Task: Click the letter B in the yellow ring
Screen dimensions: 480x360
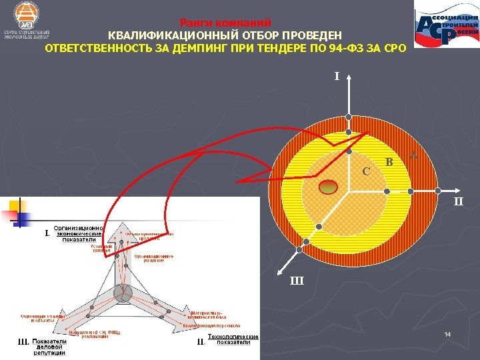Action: tap(389, 161)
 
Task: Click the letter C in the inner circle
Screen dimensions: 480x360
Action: tap(366, 171)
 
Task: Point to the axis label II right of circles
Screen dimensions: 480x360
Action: tap(459, 201)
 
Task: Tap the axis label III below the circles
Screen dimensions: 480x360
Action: tap(297, 281)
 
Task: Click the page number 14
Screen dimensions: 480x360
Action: tap(448, 333)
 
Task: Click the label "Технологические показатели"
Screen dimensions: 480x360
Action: tap(233, 339)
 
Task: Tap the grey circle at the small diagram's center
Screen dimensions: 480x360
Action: tap(122, 292)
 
